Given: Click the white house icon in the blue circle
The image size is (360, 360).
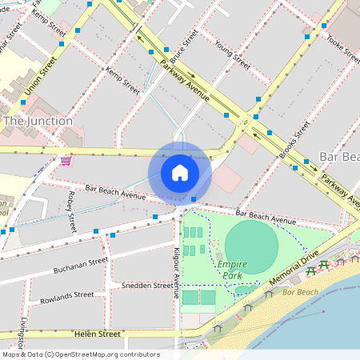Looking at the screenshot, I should (x=180, y=172).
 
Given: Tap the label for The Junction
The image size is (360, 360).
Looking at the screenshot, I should (x=38, y=121).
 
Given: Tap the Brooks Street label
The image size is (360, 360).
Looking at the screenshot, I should (x=294, y=138).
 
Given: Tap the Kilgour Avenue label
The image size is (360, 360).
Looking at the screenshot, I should (x=176, y=273).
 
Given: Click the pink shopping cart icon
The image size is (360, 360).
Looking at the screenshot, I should (x=65, y=160).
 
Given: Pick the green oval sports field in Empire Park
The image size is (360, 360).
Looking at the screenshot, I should (x=253, y=246).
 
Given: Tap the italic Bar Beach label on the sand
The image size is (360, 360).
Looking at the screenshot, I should (x=300, y=293).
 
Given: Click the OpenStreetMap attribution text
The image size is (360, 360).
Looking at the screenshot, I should (x=80, y=354).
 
